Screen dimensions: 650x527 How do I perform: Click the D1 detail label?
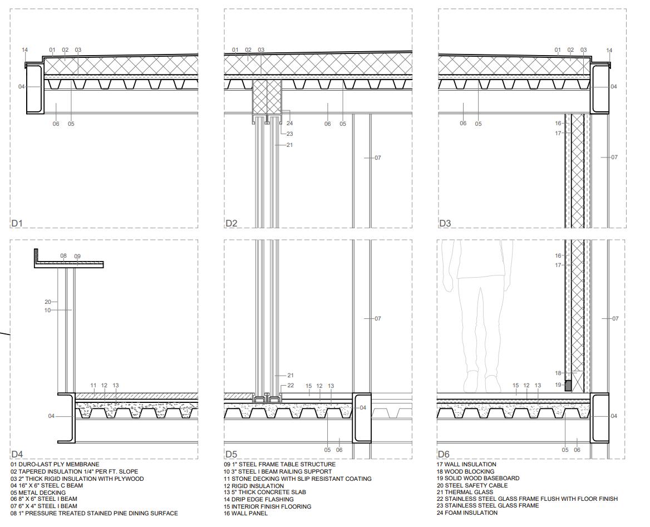16,223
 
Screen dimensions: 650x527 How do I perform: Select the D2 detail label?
231,223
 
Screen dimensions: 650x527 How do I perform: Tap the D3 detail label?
445,223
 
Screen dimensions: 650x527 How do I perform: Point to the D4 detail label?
17,455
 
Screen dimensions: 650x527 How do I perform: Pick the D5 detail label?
231,455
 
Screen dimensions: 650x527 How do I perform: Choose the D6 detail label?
444,455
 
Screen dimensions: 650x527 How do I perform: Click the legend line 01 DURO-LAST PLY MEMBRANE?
55,464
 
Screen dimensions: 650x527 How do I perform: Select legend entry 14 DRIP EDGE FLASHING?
259,500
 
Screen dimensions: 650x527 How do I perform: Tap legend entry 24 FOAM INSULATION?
467,513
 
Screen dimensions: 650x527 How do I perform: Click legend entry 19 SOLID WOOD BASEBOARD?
478,478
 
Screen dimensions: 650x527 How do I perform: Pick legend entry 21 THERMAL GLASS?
465,492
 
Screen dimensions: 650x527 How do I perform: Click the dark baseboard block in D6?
568,385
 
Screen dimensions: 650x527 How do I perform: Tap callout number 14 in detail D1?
24,50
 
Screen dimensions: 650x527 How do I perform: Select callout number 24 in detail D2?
289,124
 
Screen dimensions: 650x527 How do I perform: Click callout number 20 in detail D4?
48,302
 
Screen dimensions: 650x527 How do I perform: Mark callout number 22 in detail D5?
290,386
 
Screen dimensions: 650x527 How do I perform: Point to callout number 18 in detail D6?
558,373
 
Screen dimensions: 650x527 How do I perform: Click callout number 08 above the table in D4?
63,257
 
